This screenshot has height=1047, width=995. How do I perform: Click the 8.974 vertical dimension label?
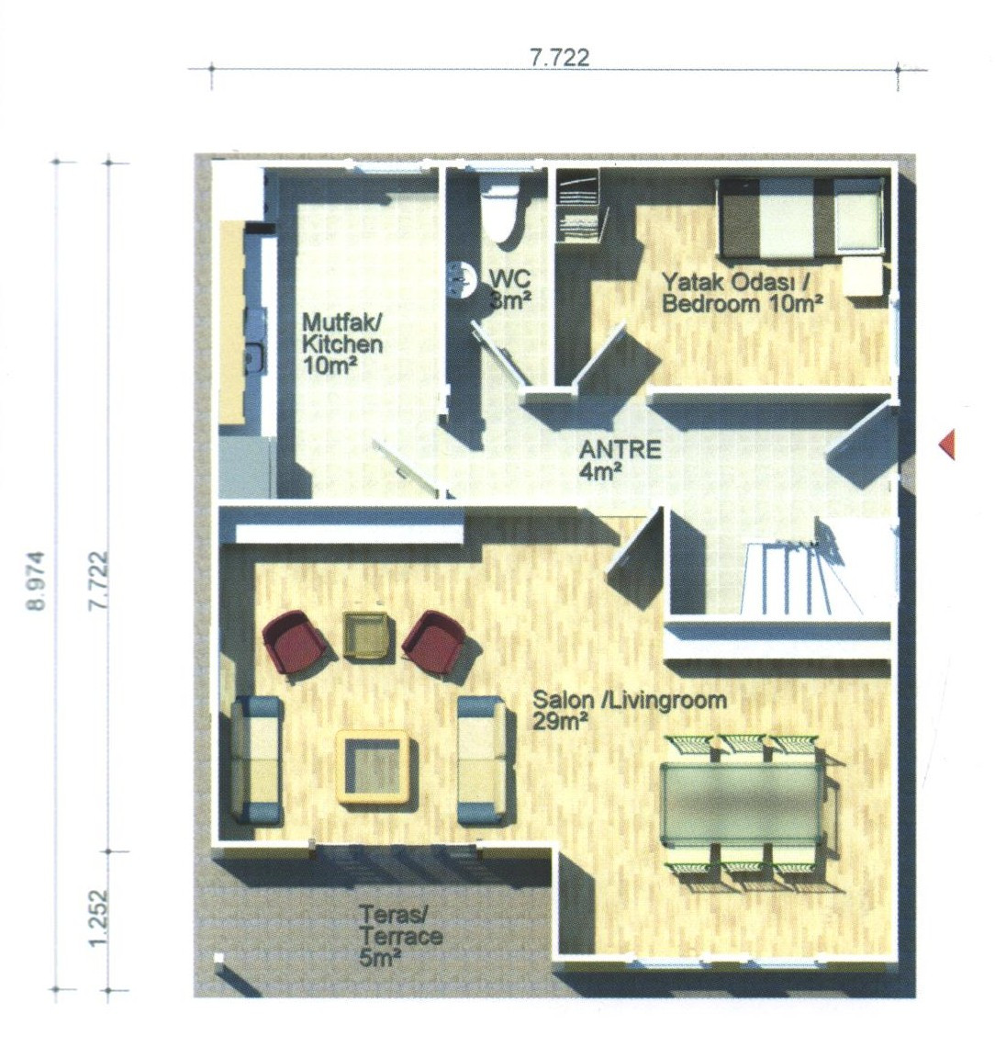[37, 580]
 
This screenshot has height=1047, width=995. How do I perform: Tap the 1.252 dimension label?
[98, 918]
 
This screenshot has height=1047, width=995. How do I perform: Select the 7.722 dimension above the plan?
[560, 58]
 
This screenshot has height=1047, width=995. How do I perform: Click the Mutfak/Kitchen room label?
[342, 343]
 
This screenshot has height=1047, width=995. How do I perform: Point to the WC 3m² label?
[510, 289]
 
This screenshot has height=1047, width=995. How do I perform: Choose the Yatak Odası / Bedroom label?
[742, 292]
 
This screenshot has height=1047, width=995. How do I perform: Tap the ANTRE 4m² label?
[620, 460]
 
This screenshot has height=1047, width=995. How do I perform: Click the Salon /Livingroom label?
[630, 710]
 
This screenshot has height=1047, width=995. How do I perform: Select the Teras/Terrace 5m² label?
[400, 936]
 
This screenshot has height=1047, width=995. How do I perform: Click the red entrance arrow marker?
[947, 444]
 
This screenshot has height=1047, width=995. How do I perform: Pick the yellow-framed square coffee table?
[373, 767]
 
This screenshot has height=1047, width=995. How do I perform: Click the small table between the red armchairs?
[366, 635]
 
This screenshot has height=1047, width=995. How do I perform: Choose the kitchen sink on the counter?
[253, 358]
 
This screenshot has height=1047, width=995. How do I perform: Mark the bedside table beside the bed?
[863, 276]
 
